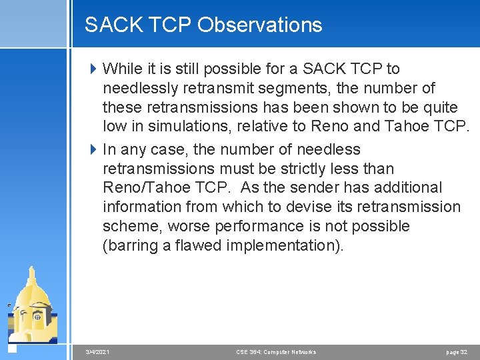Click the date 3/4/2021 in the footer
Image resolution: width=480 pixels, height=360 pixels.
coord(98,351)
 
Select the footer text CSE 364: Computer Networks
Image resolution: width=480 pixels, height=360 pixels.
coord(276,351)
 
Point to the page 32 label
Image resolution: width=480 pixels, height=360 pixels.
coord(457,351)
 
